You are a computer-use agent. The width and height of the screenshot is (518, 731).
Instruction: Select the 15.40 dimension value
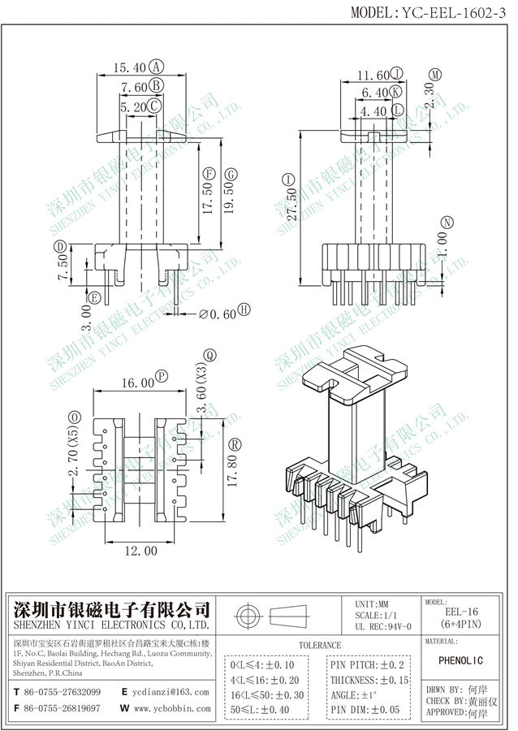coord(131,67)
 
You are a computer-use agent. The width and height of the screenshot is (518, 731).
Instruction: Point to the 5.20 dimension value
coord(133,106)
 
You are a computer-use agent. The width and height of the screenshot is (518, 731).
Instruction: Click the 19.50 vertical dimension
coord(230,193)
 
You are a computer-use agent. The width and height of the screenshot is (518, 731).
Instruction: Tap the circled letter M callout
coord(435,74)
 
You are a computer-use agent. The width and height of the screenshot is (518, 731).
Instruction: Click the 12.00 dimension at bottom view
coord(140,551)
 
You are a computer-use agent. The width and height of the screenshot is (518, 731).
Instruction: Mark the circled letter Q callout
coord(209,355)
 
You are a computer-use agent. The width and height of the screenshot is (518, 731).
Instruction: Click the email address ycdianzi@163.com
coord(171,692)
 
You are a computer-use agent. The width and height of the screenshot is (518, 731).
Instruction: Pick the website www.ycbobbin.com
coord(173,708)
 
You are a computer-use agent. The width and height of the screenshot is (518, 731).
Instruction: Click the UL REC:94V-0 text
coord(383,626)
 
